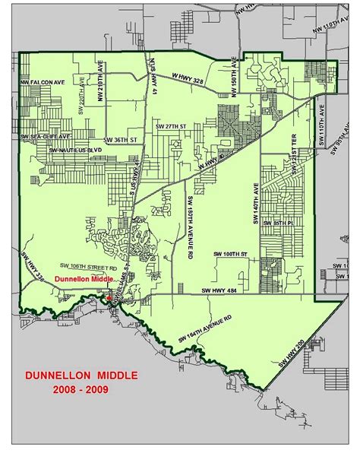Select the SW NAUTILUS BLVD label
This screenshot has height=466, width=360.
pyautogui.click(x=75, y=150)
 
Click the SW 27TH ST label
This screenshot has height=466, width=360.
pyautogui.click(x=166, y=125)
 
